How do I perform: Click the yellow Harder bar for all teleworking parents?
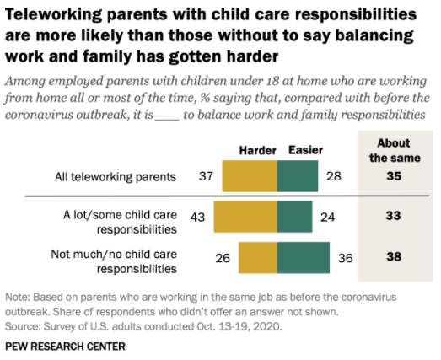coord(250,176)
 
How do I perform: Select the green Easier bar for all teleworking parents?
coord(298,176)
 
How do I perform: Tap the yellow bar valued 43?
coord(245,217)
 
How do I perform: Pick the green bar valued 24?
coord(294,217)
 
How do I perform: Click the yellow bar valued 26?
coord(258,257)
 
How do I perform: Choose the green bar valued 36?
coord(304,257)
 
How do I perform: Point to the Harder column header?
coord(258,151)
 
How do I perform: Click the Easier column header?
coord(306,150)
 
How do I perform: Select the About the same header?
coord(395,150)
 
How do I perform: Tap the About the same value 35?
coord(394,176)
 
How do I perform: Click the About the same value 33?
coord(393,216)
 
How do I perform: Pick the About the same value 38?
coord(394,256)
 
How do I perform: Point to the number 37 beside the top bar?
coord(206,176)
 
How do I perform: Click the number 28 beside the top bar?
coord(334,176)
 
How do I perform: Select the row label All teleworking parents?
coord(116,177)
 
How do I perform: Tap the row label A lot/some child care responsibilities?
coord(120,223)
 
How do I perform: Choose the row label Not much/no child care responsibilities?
coord(114,261)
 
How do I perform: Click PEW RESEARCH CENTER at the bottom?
coord(65,347)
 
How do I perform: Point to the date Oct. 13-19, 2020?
coord(239,326)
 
